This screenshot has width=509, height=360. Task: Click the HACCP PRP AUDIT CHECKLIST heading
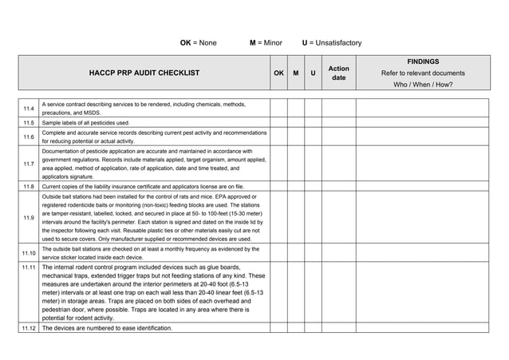[144, 73]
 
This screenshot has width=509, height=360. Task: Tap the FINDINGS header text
[423, 61]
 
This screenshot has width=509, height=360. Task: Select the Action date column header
[338, 73]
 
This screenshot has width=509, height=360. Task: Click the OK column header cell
[278, 73]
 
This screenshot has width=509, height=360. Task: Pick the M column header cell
[296, 73]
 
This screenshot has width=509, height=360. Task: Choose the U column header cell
[314, 73]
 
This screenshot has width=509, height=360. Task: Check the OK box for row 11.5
[278, 123]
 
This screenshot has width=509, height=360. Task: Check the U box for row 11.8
[314, 186]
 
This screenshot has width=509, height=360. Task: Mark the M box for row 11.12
[296, 328]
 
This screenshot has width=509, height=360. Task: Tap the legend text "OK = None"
[198, 42]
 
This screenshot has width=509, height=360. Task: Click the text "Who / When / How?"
[423, 85]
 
